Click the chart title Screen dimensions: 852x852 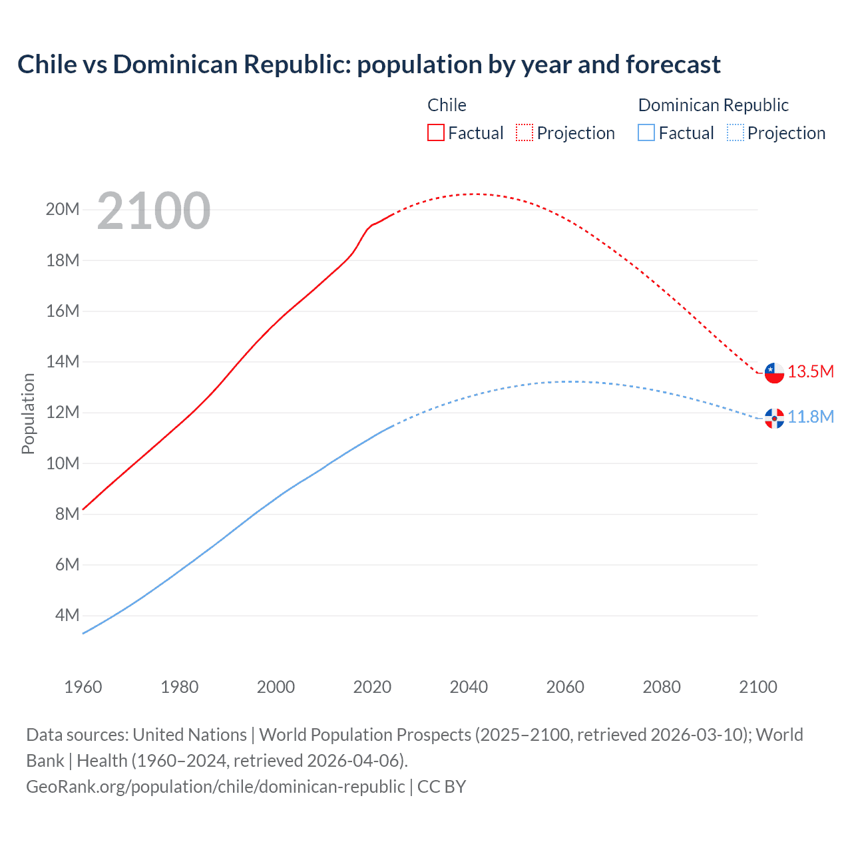pos(369,65)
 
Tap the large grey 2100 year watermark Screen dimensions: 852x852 pos(153,212)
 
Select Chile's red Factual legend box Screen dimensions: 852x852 pos(435,132)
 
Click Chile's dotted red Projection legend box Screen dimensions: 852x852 pos(525,132)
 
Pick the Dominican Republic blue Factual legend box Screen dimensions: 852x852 pos(646,132)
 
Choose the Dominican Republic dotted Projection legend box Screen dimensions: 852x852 pos(735,132)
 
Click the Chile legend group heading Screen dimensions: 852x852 pos(447,105)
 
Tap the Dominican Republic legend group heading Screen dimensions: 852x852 pos(713,105)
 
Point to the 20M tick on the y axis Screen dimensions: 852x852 pos(63,210)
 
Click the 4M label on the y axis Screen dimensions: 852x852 pos(67,615)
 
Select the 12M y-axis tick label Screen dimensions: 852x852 pos(63,412)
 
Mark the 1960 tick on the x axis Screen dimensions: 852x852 pos(83,687)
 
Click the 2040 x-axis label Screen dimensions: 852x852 pos(469,687)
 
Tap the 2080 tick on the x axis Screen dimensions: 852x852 pos(662,687)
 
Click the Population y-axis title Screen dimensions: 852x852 pos(28,413)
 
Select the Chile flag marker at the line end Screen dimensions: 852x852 pos(774,373)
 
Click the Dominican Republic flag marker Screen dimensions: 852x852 pos(774,418)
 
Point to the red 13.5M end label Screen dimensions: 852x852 pos(811,371)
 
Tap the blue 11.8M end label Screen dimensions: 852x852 pos(811,417)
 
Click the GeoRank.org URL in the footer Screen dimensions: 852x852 pos(215,786)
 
